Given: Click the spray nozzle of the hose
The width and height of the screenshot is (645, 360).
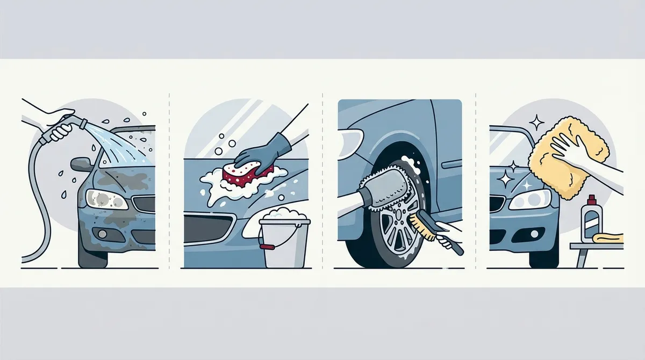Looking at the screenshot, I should [82, 123].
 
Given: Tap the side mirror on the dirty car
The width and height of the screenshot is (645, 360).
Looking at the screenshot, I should [81, 163].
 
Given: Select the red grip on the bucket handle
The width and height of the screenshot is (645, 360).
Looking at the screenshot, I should [265, 248].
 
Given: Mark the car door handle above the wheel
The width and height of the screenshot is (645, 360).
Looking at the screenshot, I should [450, 164].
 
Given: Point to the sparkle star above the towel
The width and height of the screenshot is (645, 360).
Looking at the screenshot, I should [536, 123].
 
